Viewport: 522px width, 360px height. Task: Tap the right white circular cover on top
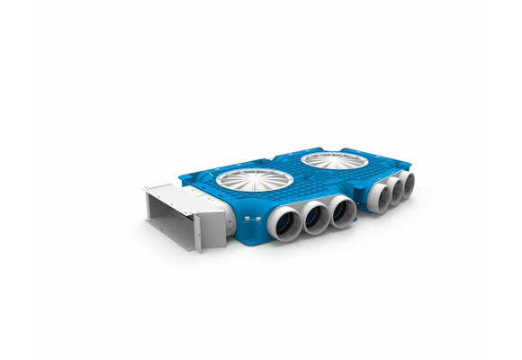click(x=334, y=161)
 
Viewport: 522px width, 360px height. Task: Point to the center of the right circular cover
click(x=334, y=161)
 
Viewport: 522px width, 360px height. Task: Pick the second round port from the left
click(x=316, y=219)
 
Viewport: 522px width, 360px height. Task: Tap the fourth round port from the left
click(x=378, y=198)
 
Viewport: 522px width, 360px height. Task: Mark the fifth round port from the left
click(x=394, y=192)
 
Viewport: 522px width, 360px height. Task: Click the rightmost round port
click(x=408, y=185)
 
